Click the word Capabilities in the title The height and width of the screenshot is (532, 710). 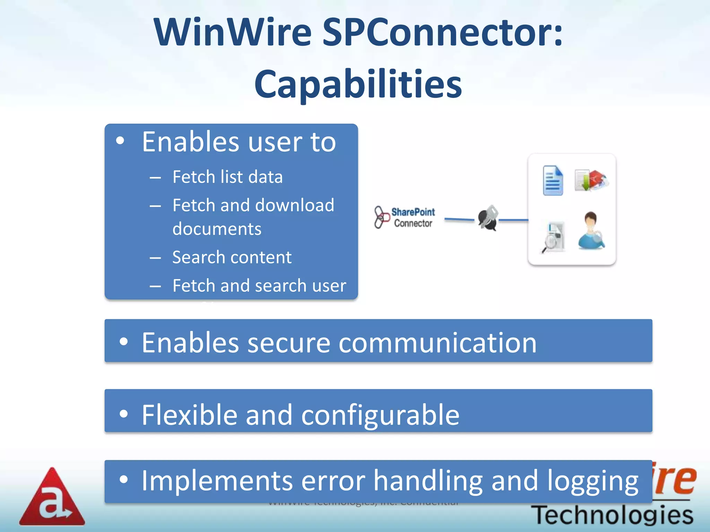coord(358,84)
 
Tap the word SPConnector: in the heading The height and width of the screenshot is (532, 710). coord(442,32)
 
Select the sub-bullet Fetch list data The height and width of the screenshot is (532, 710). coord(227,177)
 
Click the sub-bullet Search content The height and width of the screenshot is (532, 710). coord(232,257)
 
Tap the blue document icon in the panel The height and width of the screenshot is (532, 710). coord(553,180)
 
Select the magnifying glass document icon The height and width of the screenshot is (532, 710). coord(554,238)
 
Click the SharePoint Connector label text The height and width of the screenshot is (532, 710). coord(413,218)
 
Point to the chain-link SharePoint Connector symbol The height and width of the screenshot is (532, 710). coord(381,217)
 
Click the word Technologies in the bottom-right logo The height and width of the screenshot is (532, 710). coord(612,515)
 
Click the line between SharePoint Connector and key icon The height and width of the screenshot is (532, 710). coord(459,219)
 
